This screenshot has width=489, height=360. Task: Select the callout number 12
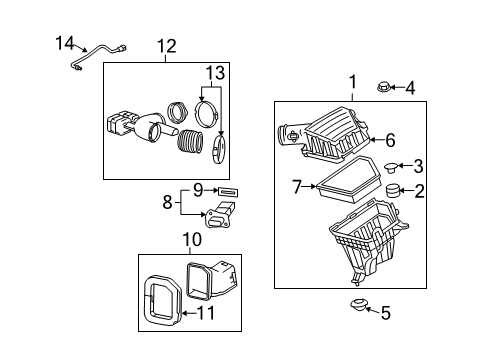click(x=165, y=46)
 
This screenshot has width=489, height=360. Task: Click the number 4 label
click(x=409, y=89)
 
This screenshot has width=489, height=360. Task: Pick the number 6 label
click(x=391, y=141)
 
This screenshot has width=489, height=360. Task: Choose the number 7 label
click(x=296, y=185)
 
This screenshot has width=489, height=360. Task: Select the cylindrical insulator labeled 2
click(x=393, y=192)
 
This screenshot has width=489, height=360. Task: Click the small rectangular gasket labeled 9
click(x=228, y=188)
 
